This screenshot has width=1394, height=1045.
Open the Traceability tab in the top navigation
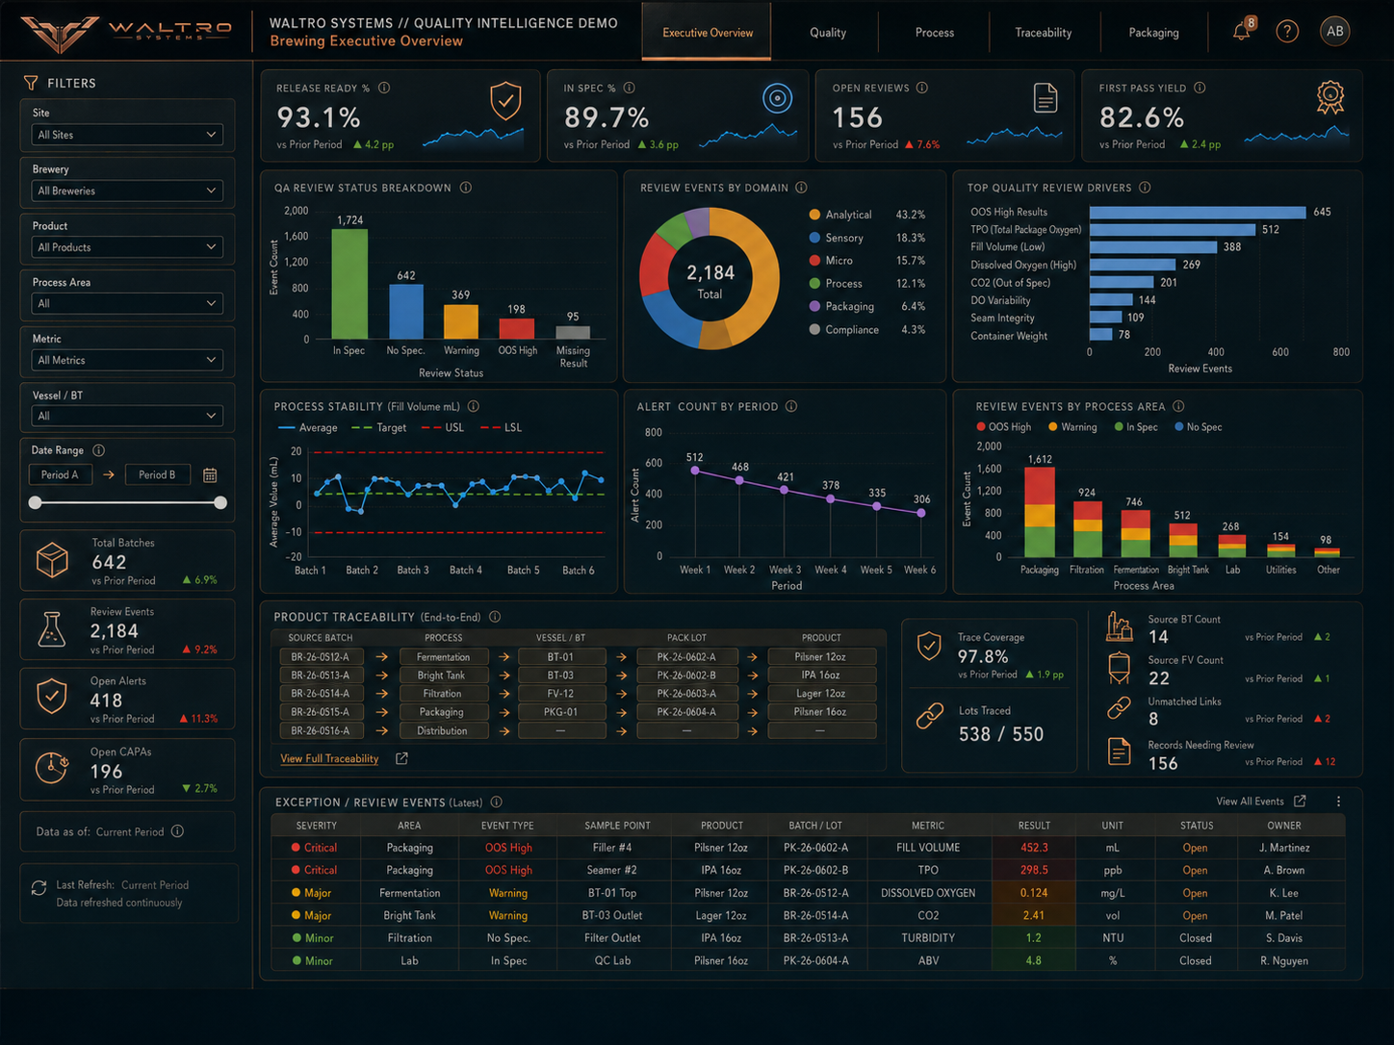pos(1043,33)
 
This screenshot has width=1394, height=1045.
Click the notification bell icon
pos(1242,31)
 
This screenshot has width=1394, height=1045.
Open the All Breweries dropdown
pos(127,191)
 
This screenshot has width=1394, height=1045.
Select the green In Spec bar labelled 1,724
pos(349,284)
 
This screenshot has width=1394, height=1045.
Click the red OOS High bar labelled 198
pos(516,329)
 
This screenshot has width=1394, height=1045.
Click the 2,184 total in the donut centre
pos(710,273)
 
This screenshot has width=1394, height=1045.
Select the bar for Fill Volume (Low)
pos(1153,246)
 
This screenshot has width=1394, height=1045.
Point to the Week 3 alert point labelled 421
pos(785,490)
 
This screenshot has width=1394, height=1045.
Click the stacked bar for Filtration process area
pos(1087,529)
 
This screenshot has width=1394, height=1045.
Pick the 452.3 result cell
pos(1034,848)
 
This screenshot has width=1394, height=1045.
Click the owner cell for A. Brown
pos(1283,870)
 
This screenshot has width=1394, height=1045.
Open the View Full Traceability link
pos(329,758)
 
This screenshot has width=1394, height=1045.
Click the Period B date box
pos(157,474)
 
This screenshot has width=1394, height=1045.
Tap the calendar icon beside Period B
pos(210,474)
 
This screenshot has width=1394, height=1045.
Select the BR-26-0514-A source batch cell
pos(321,694)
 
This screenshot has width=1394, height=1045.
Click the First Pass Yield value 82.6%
pos(1141,117)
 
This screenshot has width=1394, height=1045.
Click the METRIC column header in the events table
pos(928,826)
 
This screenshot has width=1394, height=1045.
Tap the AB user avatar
pos(1334,31)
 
